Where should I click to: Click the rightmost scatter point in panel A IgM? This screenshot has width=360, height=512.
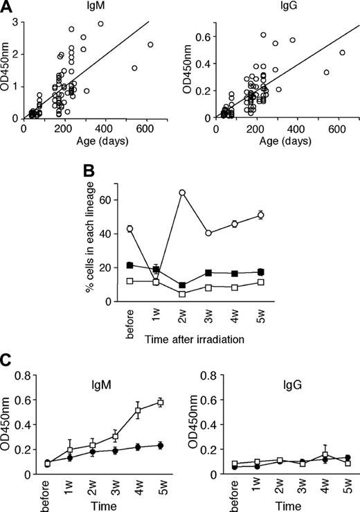[150, 44]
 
